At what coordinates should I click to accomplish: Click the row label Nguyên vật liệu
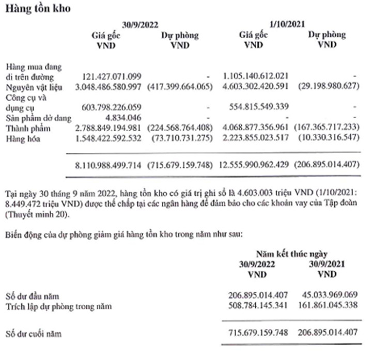click(34, 85)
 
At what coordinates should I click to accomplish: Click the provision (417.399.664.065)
click(180, 85)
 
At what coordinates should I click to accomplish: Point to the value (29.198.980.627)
click(328, 85)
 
